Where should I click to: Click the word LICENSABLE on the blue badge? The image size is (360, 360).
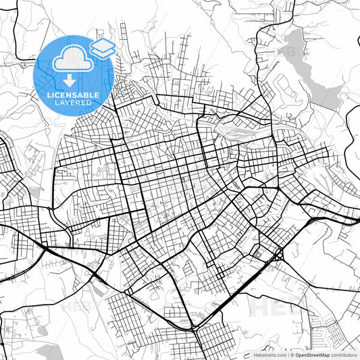click(x=73, y=95)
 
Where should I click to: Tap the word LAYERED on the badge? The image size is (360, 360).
click(x=73, y=103)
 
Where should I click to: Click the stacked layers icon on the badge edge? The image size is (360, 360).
click(x=102, y=47)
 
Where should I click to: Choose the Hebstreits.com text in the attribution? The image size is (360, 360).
click(x=268, y=354)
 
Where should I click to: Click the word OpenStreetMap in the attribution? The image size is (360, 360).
click(x=313, y=354)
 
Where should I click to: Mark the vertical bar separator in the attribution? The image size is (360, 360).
click(x=287, y=354)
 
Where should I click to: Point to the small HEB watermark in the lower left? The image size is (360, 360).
click(x=74, y=305)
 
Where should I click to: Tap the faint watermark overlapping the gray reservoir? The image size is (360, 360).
click(x=292, y=51)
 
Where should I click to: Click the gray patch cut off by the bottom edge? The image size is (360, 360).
click(x=49, y=352)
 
